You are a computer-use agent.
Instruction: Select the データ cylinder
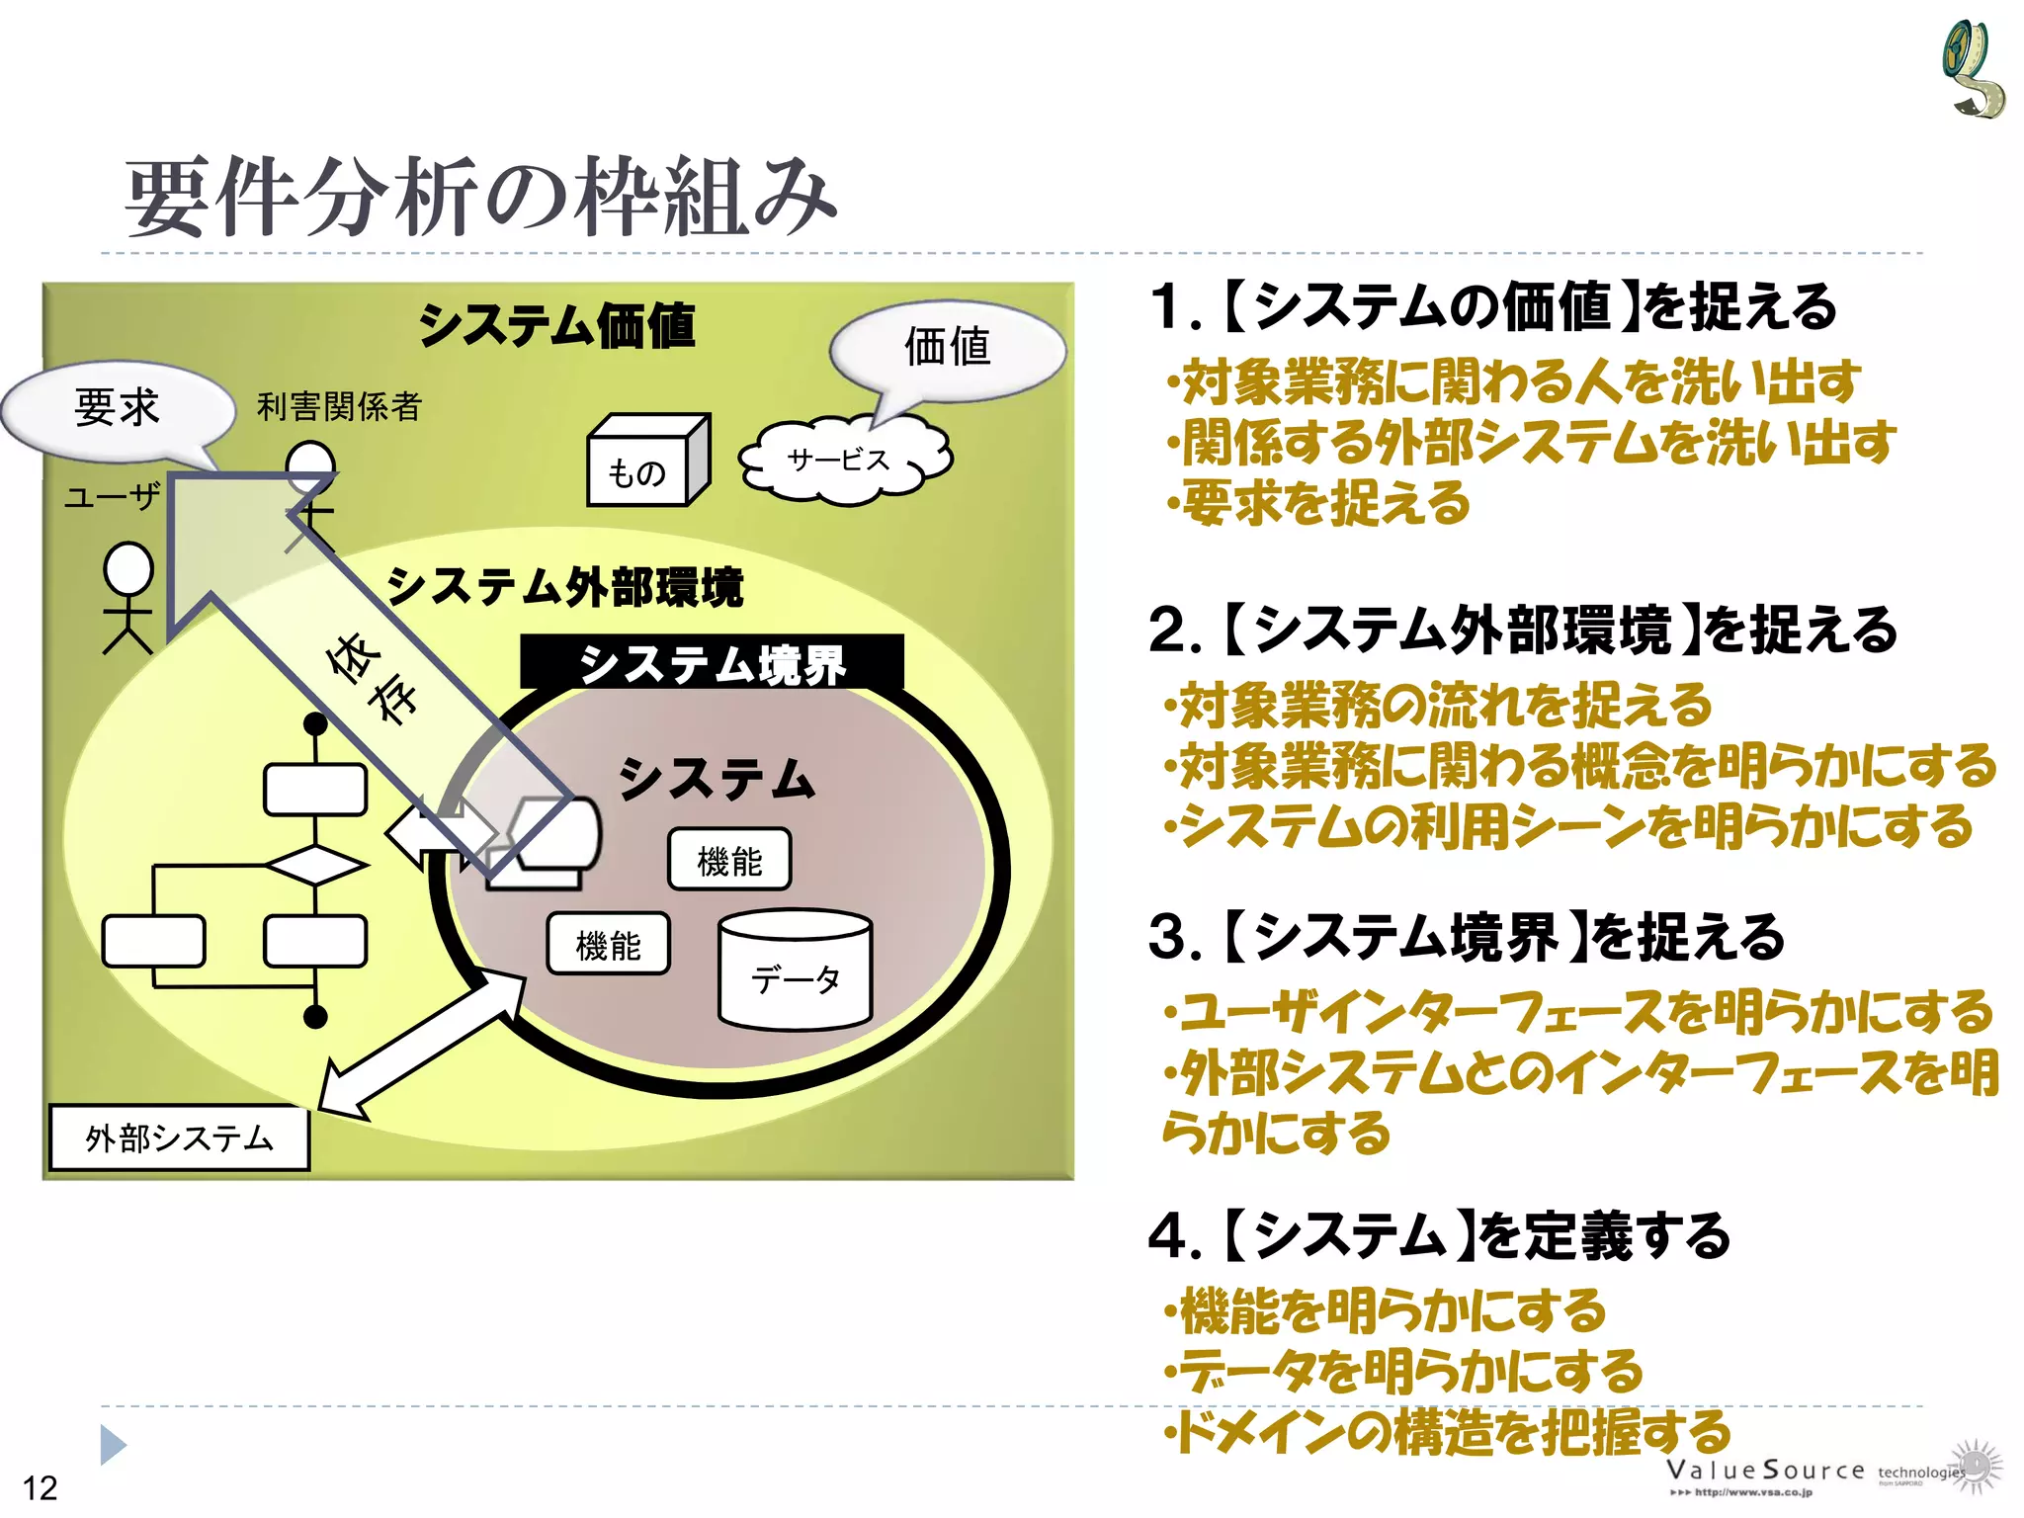coord(795,973)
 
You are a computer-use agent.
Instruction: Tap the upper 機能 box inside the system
coord(729,861)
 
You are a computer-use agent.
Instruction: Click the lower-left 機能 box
coord(608,945)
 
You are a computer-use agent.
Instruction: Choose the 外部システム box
coord(179,1138)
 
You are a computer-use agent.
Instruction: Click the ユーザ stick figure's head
coord(129,569)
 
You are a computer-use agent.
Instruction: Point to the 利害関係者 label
coord(339,406)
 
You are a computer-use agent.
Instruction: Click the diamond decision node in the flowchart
coord(315,866)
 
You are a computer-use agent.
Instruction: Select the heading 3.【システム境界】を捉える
coord(1467,938)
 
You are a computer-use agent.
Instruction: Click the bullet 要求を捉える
coord(1320,504)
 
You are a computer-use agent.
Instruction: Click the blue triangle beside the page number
coord(113,1445)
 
